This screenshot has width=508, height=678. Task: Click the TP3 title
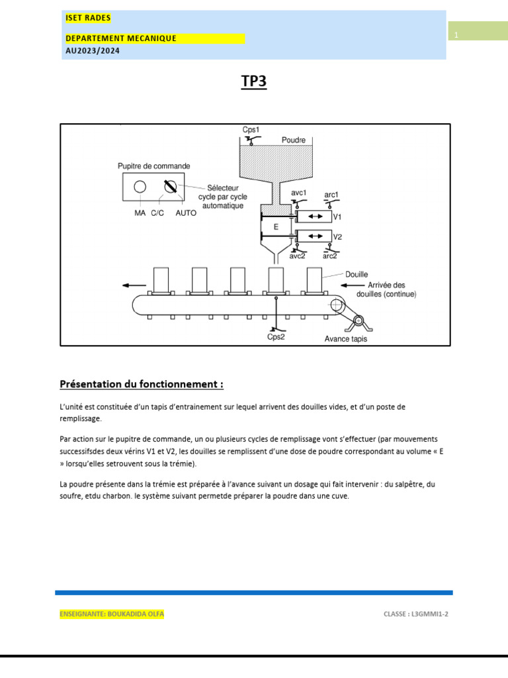coord(254,81)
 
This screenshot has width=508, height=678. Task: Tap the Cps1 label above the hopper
coord(251,130)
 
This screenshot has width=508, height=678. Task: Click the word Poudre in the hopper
coord(294,140)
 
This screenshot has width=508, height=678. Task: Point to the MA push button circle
coord(140,187)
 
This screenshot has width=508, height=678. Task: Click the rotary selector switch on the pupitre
coord(169,187)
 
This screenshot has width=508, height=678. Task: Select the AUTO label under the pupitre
coord(186,213)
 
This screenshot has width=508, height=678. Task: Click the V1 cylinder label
coord(337,217)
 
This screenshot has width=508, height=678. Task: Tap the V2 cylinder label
coord(337,236)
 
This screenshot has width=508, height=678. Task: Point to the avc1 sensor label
coord(299,193)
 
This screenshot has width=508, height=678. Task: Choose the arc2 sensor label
coord(329,256)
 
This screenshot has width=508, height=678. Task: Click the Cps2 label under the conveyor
coord(276,337)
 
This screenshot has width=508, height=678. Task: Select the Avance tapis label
coord(345,339)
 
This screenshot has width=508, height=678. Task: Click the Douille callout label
coord(357,274)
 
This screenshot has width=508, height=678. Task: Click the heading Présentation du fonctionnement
coord(142,384)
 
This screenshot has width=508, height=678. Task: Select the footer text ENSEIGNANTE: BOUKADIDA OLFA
coord(112,614)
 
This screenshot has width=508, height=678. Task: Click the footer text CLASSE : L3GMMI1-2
coord(415,614)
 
